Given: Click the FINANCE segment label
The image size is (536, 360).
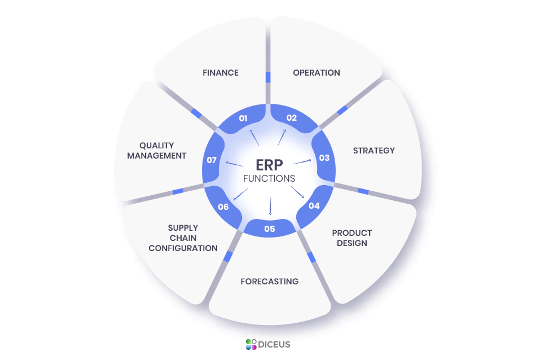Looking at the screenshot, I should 221,73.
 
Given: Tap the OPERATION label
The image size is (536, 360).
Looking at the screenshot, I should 317,73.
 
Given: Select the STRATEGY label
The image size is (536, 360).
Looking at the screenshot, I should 374,151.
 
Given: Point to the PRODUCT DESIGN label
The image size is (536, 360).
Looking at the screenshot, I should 352,238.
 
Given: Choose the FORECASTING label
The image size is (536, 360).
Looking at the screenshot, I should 270,282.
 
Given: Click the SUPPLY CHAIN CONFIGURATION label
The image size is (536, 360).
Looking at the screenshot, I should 183,238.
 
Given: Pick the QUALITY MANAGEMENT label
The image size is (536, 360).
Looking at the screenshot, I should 157,151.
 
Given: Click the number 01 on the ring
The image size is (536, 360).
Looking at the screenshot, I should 243,118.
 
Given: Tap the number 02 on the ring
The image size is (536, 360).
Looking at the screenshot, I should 291,118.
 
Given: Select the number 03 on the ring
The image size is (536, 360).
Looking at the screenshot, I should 324,158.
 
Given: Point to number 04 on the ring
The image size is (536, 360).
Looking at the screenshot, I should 314,206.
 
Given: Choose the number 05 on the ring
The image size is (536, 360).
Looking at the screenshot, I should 269,229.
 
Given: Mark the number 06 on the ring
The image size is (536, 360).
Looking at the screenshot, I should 223,207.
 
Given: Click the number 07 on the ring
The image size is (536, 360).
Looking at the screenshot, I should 212,160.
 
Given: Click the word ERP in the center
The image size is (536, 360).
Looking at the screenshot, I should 269,164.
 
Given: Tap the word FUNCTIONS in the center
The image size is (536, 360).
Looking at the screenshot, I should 269,178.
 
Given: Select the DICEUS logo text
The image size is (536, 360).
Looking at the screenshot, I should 275,344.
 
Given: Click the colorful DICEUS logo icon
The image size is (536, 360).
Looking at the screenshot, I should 251,344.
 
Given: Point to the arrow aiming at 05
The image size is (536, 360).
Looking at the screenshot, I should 270,206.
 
